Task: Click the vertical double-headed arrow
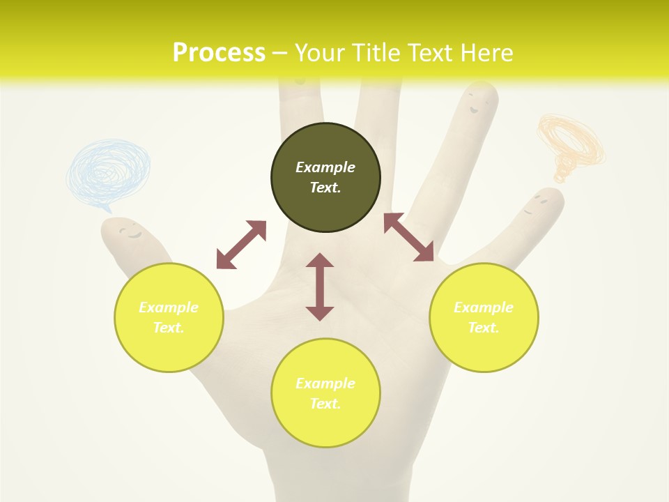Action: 320,287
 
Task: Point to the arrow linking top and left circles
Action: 241,245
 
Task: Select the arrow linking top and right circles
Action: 408,237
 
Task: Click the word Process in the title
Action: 219,52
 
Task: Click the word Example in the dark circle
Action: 325,167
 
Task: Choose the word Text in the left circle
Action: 168,328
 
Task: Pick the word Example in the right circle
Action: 484,307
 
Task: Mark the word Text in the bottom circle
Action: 325,404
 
